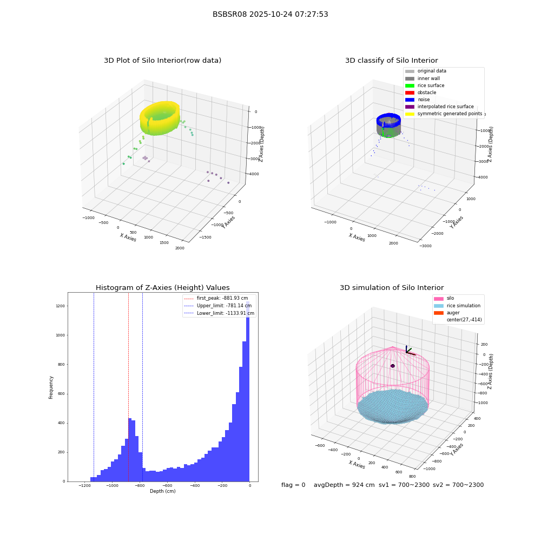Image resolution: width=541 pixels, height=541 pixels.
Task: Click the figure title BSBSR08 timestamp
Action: pos(270,15)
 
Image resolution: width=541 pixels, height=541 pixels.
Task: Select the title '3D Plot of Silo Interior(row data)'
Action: pos(162,61)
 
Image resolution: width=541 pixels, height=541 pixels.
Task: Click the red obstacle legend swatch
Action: pos(410,93)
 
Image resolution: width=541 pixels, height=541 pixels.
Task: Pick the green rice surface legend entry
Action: pos(425,85)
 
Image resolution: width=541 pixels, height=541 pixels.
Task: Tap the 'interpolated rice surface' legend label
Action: pos(445,107)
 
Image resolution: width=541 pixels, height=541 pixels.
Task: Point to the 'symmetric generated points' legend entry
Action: pos(444,114)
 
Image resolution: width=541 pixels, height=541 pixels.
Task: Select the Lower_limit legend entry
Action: pos(219,313)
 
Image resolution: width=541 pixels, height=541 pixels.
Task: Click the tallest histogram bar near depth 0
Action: pos(248,391)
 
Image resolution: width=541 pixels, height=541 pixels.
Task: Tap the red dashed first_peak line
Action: pos(128,387)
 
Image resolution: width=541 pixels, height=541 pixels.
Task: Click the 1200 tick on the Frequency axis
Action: pos(61,306)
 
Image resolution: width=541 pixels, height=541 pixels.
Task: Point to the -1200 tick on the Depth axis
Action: pos(84,486)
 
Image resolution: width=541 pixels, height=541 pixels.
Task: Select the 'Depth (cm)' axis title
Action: pos(162,491)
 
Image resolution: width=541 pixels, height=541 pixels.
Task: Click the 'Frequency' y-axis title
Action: pos(51,387)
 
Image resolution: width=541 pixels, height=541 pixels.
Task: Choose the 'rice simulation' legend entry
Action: pos(457,306)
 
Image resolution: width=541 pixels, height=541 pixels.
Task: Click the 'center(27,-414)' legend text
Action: pos(464,320)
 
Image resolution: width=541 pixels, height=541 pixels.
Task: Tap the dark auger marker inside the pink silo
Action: pos(393,366)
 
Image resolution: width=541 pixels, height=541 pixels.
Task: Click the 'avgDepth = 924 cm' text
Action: pos(344,485)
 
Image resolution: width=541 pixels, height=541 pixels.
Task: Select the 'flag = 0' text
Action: pos(293,485)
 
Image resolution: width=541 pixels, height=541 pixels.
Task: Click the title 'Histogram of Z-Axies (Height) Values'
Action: pos(162,288)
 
